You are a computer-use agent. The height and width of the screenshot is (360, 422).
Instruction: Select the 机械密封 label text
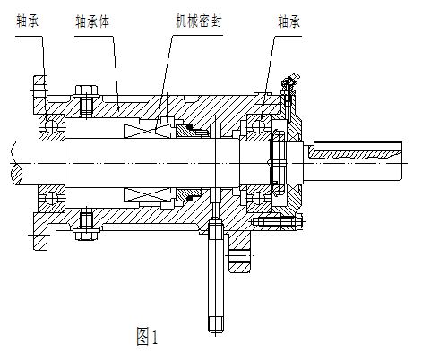pyautogui.click(x=198, y=17)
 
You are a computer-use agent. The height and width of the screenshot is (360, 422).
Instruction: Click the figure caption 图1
pyautogui.click(x=146, y=337)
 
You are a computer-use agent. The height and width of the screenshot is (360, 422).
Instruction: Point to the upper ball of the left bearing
pyautogui.click(x=50, y=121)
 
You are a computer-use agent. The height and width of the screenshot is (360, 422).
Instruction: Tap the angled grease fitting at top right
pyautogui.click(x=288, y=84)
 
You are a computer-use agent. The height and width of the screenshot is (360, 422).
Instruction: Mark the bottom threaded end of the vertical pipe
pyautogui.click(x=216, y=324)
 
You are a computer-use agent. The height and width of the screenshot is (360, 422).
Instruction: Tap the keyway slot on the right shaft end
pyautogui.click(x=350, y=152)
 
